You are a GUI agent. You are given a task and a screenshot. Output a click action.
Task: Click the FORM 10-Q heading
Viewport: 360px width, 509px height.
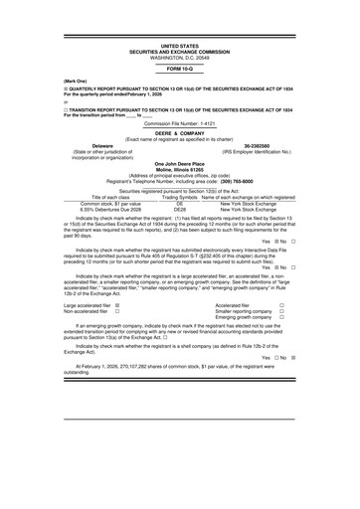pyautogui.click(x=179, y=68)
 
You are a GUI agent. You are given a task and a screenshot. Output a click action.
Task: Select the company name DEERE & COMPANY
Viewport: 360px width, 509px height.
pyautogui.click(x=179, y=135)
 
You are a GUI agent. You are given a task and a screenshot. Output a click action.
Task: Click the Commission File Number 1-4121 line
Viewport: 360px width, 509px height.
pyautogui.click(x=179, y=123)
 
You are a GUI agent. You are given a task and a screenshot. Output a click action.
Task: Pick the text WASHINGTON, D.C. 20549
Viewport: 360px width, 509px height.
pyautogui.click(x=179, y=56)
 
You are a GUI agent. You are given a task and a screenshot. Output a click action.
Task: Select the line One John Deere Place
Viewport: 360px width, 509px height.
pyautogui.click(x=179, y=163)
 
